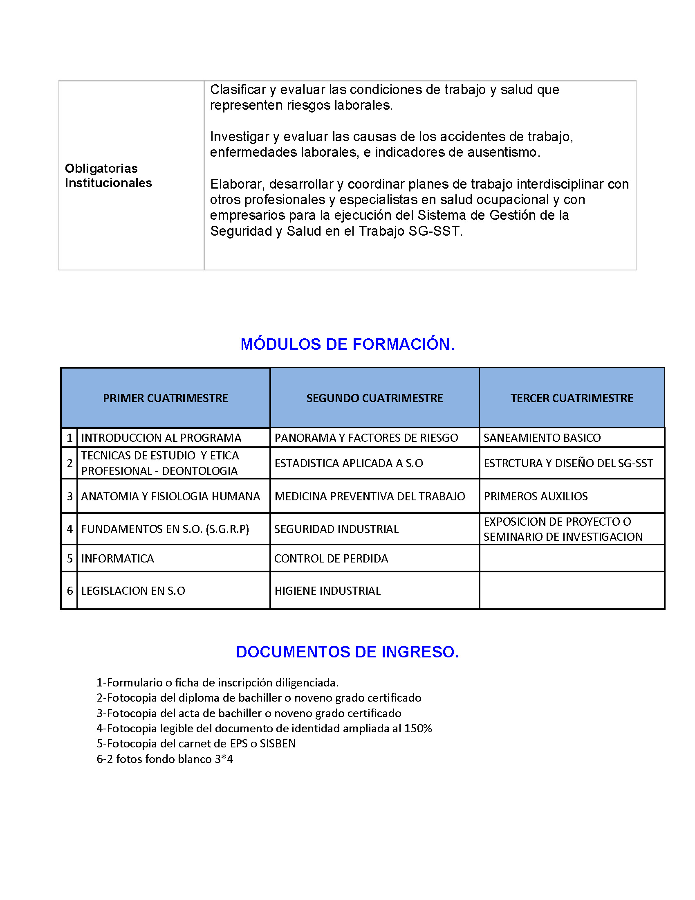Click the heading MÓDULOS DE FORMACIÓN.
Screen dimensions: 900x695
coord(347,344)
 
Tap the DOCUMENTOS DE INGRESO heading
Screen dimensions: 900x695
coord(347,652)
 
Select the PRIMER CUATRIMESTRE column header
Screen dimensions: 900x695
coord(165,398)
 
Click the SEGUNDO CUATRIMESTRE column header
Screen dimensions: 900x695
coord(374,398)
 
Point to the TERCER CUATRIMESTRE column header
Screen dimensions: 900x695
coord(572,398)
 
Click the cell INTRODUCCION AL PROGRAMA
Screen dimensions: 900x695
coord(161,438)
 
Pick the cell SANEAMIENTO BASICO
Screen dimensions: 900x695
coord(542,438)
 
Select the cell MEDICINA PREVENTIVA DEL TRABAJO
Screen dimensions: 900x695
coord(369,496)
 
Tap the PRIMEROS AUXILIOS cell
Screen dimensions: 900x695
coord(535,496)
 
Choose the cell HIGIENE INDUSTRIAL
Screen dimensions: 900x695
coord(327,591)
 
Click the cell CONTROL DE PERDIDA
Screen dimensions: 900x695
coord(331,558)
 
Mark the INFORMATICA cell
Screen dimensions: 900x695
coord(117,558)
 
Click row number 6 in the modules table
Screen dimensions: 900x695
coord(69,591)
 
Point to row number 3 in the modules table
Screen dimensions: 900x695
coord(69,496)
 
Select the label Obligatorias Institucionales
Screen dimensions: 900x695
coord(108,175)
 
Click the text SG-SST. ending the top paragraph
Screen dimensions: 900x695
coord(436,231)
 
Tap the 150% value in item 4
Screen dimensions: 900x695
coord(418,728)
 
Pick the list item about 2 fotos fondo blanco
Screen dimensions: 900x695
coord(165,758)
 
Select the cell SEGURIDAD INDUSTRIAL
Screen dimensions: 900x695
coord(336,529)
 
